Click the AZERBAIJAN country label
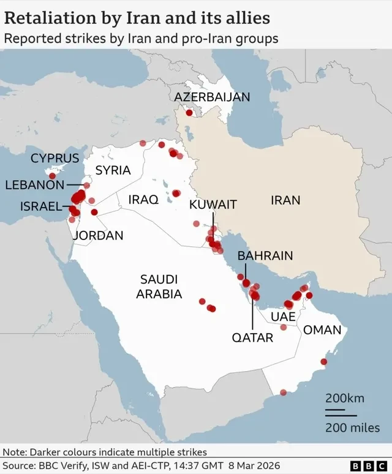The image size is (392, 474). coord(212,97)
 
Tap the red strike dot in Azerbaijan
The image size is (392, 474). coord(189,113)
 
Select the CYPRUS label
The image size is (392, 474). coord(55,158)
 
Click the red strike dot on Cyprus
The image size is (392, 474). coord(52,176)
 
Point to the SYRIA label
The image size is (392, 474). coord(113,170)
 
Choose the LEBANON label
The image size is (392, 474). coord(34,184)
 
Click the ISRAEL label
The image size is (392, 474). coord(41,206)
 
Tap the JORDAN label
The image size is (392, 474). coord(98,235)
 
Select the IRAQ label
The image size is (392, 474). coord(143,199)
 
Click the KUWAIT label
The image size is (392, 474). coord(213,205)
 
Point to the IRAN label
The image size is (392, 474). coord(285,200)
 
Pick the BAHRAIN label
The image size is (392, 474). coord(265,255)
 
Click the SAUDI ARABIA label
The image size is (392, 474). coord(159,286)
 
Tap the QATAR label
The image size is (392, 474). coord(252,337)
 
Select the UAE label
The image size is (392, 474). coord(283,317)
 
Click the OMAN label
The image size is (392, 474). coord(322,330)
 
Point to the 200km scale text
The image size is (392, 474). coord(344,398)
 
